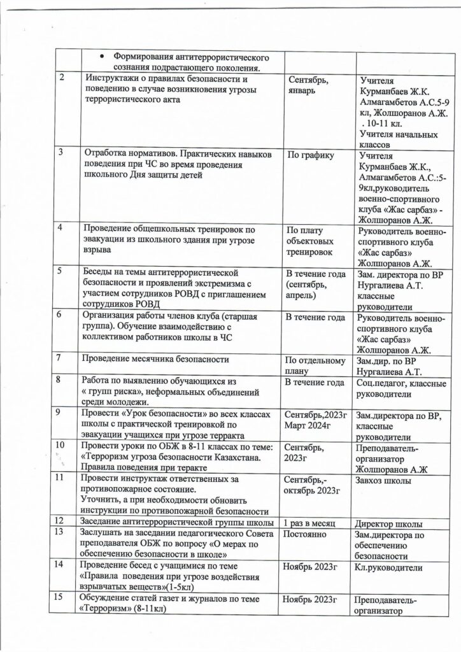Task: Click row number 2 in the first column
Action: click(x=62, y=78)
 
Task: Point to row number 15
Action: click(x=61, y=596)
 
